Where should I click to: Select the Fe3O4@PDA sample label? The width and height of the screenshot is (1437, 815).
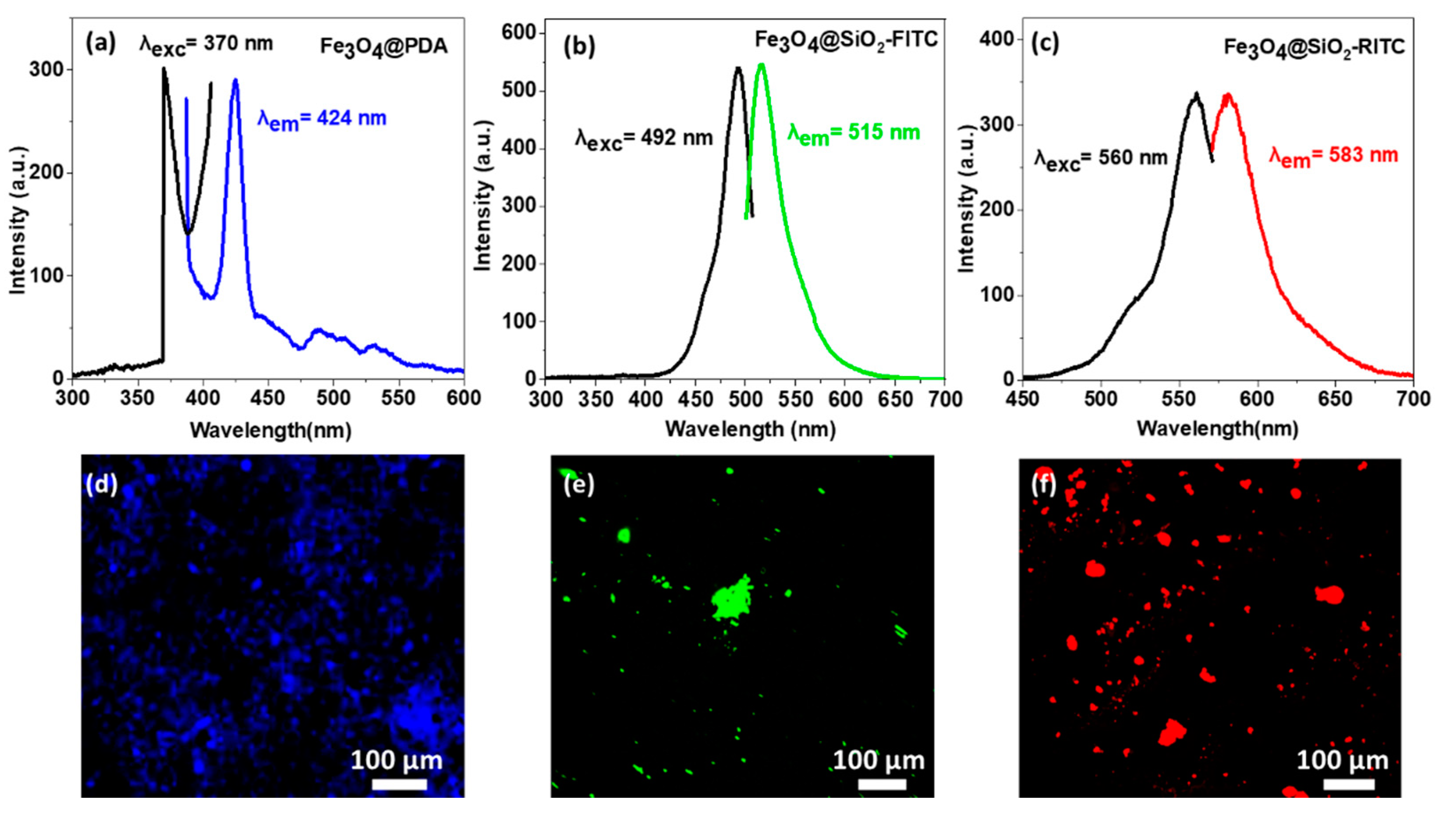click(x=384, y=46)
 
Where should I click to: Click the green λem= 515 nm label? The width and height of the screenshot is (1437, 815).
click(x=854, y=134)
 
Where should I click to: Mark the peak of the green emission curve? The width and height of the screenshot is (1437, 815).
click(x=761, y=65)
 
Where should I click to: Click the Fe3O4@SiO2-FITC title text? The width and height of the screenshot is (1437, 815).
click(x=846, y=40)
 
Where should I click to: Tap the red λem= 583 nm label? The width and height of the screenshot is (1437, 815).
click(x=1333, y=156)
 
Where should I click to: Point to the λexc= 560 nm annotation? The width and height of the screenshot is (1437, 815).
click(x=1101, y=159)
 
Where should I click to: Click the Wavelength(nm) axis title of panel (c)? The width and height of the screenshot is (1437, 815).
click(x=1217, y=429)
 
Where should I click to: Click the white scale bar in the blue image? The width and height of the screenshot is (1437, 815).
click(x=399, y=784)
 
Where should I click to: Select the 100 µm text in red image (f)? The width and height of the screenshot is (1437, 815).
click(x=1342, y=760)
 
